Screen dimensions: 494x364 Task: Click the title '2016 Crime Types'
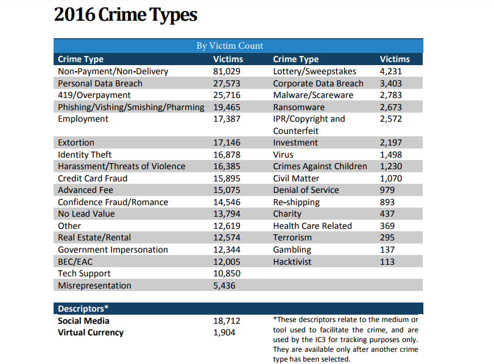[x=125, y=15]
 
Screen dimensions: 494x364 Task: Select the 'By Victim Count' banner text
[x=230, y=46]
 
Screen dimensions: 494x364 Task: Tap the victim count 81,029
[x=227, y=71]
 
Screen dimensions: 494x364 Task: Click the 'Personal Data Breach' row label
[x=100, y=83]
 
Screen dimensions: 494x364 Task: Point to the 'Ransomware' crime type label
[x=298, y=107]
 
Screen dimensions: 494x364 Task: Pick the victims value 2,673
[x=390, y=107]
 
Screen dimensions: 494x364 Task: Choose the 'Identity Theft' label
[x=85, y=155]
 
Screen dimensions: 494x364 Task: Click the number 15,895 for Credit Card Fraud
[x=227, y=178]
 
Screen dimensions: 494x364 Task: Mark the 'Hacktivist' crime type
[x=292, y=262]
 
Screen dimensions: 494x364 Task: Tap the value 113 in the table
[x=387, y=262]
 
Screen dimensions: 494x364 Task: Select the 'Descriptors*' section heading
[x=83, y=309]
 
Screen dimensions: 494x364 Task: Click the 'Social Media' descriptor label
[x=83, y=321]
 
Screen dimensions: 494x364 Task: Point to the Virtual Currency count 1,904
[x=224, y=332]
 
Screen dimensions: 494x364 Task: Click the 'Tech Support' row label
[x=84, y=274]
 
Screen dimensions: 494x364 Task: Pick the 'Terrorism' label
[x=292, y=238]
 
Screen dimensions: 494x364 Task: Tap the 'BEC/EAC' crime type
[x=76, y=262]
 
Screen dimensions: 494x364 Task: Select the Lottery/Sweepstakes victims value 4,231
[x=390, y=71]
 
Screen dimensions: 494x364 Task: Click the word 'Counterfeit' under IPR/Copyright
[x=295, y=131]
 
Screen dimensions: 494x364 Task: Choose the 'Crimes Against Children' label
[x=320, y=167]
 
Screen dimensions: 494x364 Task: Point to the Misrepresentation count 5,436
[x=224, y=285]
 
